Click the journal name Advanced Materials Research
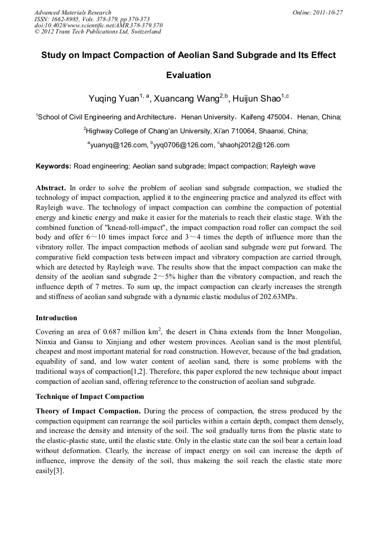click(x=72, y=12)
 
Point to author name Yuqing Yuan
click(x=114, y=99)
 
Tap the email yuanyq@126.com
click(x=118, y=145)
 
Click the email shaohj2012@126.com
click(x=257, y=145)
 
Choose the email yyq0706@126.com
click(x=185, y=145)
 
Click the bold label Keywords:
click(x=54, y=166)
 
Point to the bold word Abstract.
click(x=50, y=188)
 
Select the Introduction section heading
click(x=56, y=318)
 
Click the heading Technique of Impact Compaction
click(x=90, y=397)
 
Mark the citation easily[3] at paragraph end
click(x=50, y=470)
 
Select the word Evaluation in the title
click(x=188, y=75)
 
